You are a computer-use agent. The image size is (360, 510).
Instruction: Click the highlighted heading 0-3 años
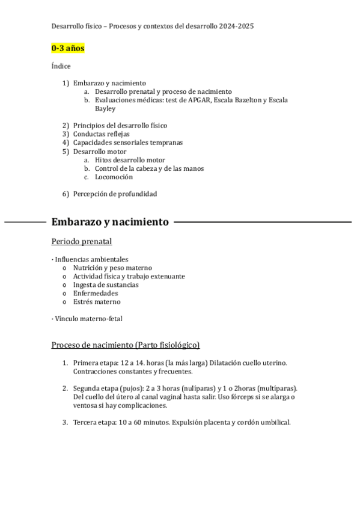[67, 48]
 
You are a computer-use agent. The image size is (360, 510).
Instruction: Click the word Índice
[61, 66]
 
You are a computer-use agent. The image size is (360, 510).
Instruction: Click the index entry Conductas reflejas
[101, 134]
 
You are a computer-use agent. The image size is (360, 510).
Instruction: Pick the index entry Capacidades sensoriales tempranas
[127, 143]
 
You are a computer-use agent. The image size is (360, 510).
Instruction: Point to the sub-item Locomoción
[114, 177]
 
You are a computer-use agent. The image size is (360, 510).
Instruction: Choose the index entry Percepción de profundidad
[115, 194]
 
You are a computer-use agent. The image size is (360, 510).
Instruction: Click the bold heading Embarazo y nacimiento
[110, 223]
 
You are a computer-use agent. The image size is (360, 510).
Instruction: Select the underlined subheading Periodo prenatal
[82, 242]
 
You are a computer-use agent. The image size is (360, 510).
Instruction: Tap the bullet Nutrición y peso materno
[112, 268]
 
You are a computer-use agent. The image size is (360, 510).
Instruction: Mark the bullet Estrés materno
[96, 301]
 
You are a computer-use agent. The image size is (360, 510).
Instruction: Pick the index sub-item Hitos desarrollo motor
[130, 161]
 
